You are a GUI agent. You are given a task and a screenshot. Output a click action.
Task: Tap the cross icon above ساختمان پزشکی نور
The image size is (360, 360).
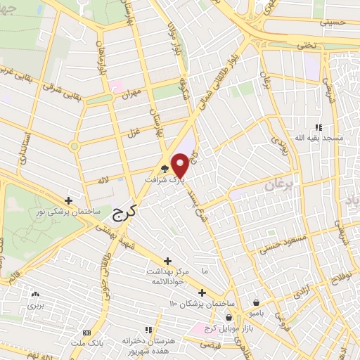tap(68, 200)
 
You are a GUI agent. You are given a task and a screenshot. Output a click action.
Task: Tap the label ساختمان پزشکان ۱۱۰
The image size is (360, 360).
tap(202, 303)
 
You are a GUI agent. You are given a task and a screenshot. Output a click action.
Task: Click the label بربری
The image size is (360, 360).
tap(35, 307)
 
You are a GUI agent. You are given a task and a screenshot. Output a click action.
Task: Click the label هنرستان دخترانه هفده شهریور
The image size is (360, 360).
tap(148, 344)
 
